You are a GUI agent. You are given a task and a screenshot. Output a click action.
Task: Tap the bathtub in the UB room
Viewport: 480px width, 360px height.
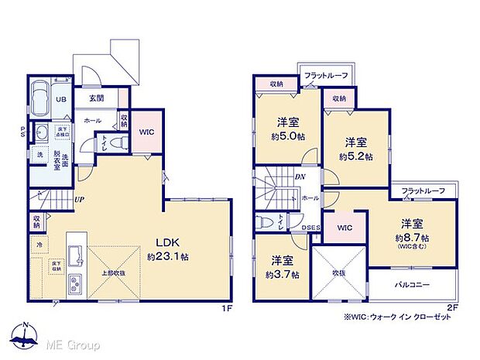click(x=41, y=99)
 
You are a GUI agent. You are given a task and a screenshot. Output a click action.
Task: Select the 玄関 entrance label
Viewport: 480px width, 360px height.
click(x=96, y=98)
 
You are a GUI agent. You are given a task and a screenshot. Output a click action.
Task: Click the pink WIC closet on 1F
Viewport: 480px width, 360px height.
click(x=147, y=132)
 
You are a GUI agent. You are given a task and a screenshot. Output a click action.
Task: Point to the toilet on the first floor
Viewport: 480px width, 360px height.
click(x=115, y=144)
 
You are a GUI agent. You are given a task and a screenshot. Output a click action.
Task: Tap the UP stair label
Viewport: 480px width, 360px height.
click(x=79, y=199)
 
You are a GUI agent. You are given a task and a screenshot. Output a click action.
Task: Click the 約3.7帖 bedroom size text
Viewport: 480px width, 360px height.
click(x=281, y=275)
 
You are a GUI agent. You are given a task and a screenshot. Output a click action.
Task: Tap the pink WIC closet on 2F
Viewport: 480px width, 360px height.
click(x=345, y=228)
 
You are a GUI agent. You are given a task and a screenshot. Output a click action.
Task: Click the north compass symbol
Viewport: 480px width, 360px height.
click(x=26, y=334)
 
